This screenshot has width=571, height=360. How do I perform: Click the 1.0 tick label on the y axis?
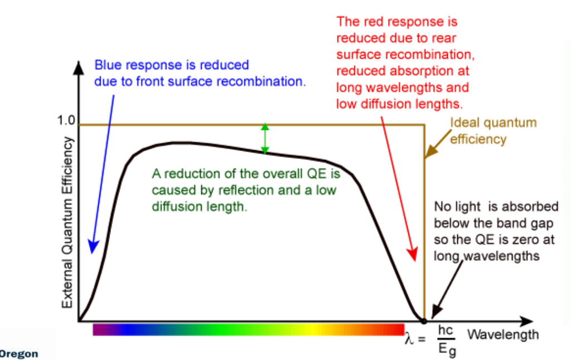pyautogui.click(x=66, y=121)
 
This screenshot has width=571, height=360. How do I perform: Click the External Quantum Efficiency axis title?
pyautogui.click(x=67, y=221)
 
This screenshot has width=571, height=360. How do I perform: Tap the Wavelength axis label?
pyautogui.click(x=502, y=334)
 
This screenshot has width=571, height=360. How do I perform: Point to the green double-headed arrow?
pyautogui.click(x=265, y=139)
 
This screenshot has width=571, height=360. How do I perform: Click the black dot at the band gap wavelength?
pyautogui.click(x=424, y=321)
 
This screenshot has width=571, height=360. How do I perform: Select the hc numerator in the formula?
pyautogui.click(x=446, y=330)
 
